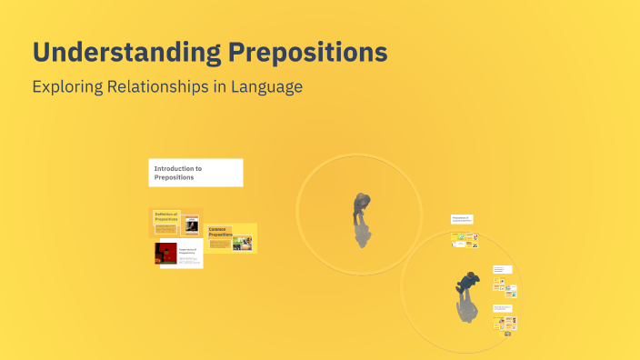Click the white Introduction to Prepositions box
(x=195, y=173)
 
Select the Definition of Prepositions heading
(x=165, y=216)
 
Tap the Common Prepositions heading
(x=221, y=232)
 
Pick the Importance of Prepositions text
(x=188, y=250)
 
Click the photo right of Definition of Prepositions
(x=191, y=224)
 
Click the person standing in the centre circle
(x=361, y=206)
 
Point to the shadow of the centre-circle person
(x=362, y=235)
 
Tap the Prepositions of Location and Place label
(x=461, y=219)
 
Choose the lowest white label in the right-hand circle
(x=503, y=308)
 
